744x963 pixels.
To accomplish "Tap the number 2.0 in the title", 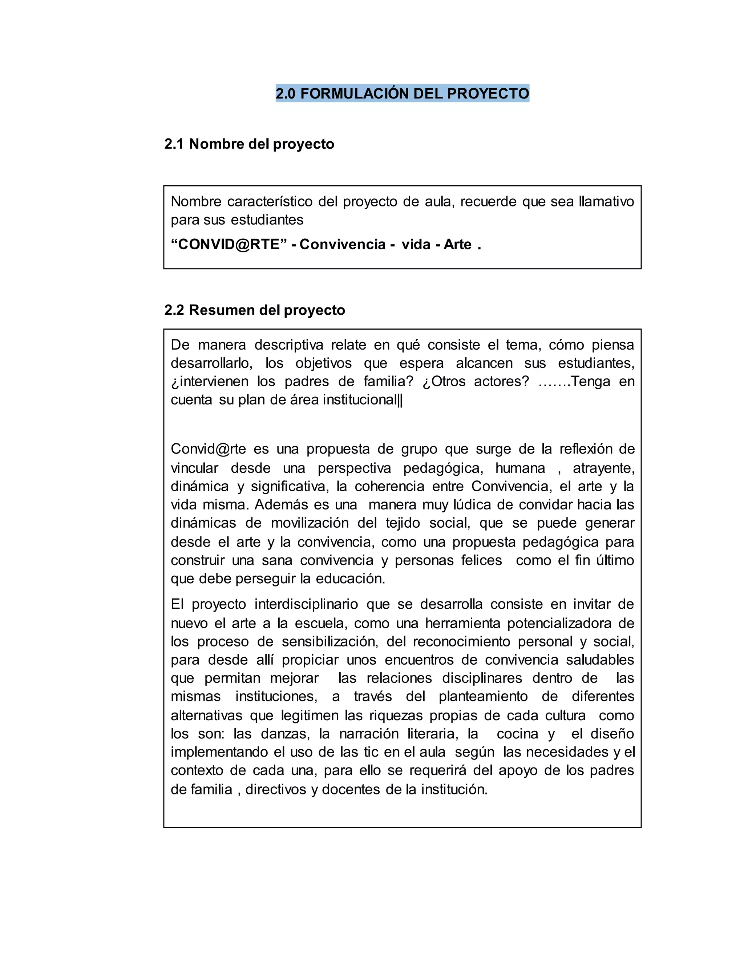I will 285,93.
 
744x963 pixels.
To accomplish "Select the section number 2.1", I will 174,144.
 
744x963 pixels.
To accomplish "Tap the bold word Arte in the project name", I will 457,244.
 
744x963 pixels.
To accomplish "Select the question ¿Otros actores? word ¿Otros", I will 444,382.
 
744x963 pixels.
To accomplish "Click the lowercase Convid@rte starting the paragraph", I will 208,449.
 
